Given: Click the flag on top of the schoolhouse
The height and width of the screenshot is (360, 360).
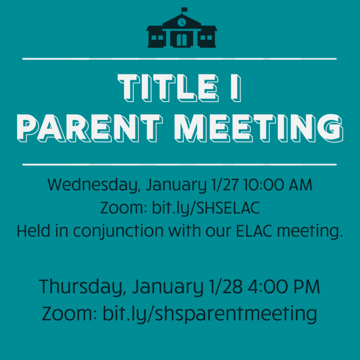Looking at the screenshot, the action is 184,9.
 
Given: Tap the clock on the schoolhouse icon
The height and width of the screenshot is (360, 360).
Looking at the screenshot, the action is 182,22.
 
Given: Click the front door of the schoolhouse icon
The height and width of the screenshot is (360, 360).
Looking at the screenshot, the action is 182,40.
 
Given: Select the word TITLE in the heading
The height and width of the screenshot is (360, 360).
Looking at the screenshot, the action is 168,88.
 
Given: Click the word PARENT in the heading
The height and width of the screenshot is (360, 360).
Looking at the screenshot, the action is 90,128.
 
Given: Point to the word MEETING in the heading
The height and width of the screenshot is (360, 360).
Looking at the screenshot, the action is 258,128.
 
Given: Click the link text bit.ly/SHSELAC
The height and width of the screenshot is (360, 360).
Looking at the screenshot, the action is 206,208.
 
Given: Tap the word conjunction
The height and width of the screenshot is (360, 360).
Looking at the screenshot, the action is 118,231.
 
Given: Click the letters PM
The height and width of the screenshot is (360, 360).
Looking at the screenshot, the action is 307,287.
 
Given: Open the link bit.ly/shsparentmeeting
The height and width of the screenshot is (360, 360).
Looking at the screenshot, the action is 210,314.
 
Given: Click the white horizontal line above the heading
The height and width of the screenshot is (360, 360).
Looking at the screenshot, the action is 179,59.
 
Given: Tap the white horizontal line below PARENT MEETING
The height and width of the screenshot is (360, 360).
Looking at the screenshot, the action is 179,165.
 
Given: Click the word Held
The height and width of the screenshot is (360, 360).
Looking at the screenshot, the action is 33,231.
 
